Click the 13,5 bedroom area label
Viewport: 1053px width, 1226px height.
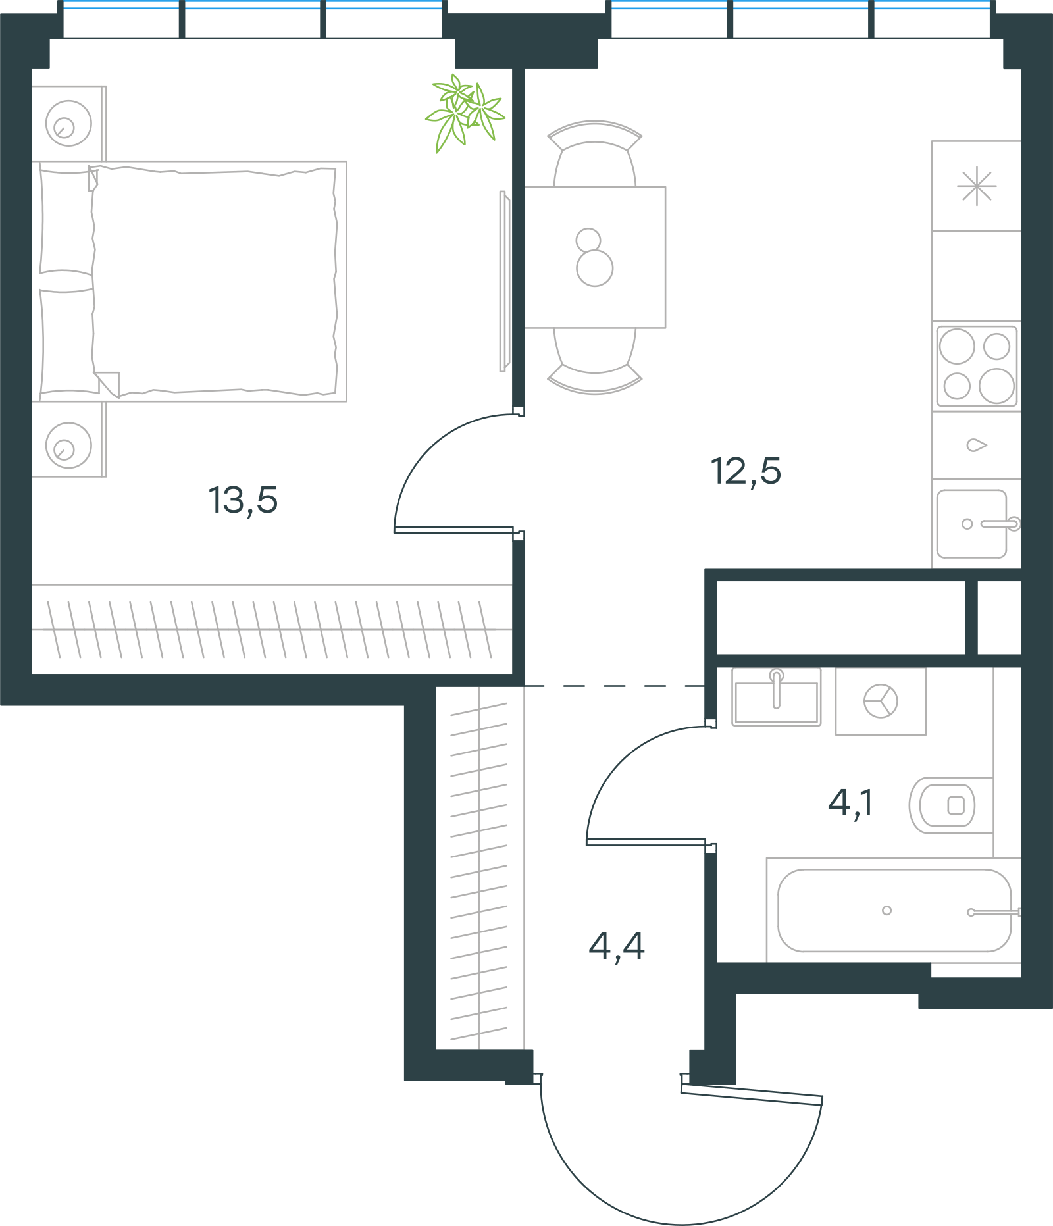tap(243, 501)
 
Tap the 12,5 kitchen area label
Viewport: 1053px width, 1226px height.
tap(746, 472)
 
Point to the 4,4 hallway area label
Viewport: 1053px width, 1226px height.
tap(617, 947)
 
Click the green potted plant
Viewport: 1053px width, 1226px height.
tap(465, 112)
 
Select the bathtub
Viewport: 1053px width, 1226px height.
tap(894, 910)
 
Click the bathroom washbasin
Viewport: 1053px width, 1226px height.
tap(777, 697)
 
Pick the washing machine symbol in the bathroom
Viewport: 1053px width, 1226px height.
tap(881, 701)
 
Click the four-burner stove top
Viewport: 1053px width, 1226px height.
tap(977, 367)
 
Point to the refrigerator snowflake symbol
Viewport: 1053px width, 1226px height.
tap(977, 186)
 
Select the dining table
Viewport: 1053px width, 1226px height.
tap(595, 257)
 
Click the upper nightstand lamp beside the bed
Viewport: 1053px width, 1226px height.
tap(68, 123)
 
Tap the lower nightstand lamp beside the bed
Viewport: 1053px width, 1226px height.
tap(68, 446)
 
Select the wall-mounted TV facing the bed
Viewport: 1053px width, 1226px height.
tap(504, 282)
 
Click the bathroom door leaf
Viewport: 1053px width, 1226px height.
tap(646, 842)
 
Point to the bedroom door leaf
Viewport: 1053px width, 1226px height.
tap(454, 530)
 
